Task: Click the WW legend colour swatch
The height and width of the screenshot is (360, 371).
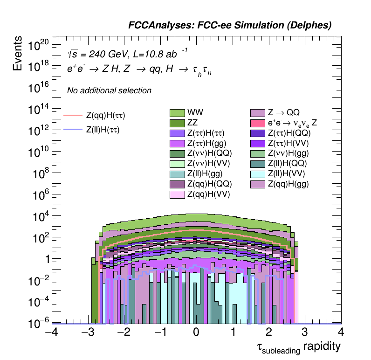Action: pyautogui.click(x=178, y=113)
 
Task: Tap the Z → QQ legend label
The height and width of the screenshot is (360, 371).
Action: pyautogui.click(x=283, y=113)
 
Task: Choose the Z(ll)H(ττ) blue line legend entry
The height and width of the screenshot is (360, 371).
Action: pyautogui.click(x=103, y=130)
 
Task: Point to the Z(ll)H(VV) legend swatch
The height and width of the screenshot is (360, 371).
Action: pyautogui.click(x=258, y=174)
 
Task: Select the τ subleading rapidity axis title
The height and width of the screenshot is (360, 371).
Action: pyautogui.click(x=298, y=347)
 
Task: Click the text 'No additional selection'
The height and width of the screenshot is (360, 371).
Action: pyautogui.click(x=109, y=90)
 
